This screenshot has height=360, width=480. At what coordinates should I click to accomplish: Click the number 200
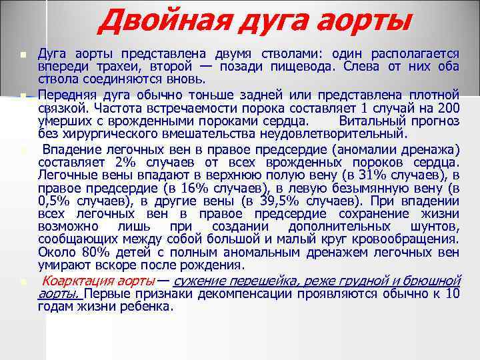pos(449,107)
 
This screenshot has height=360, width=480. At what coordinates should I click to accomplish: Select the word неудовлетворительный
pos(342,133)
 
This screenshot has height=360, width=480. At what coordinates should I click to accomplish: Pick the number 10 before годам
pos(452,294)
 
